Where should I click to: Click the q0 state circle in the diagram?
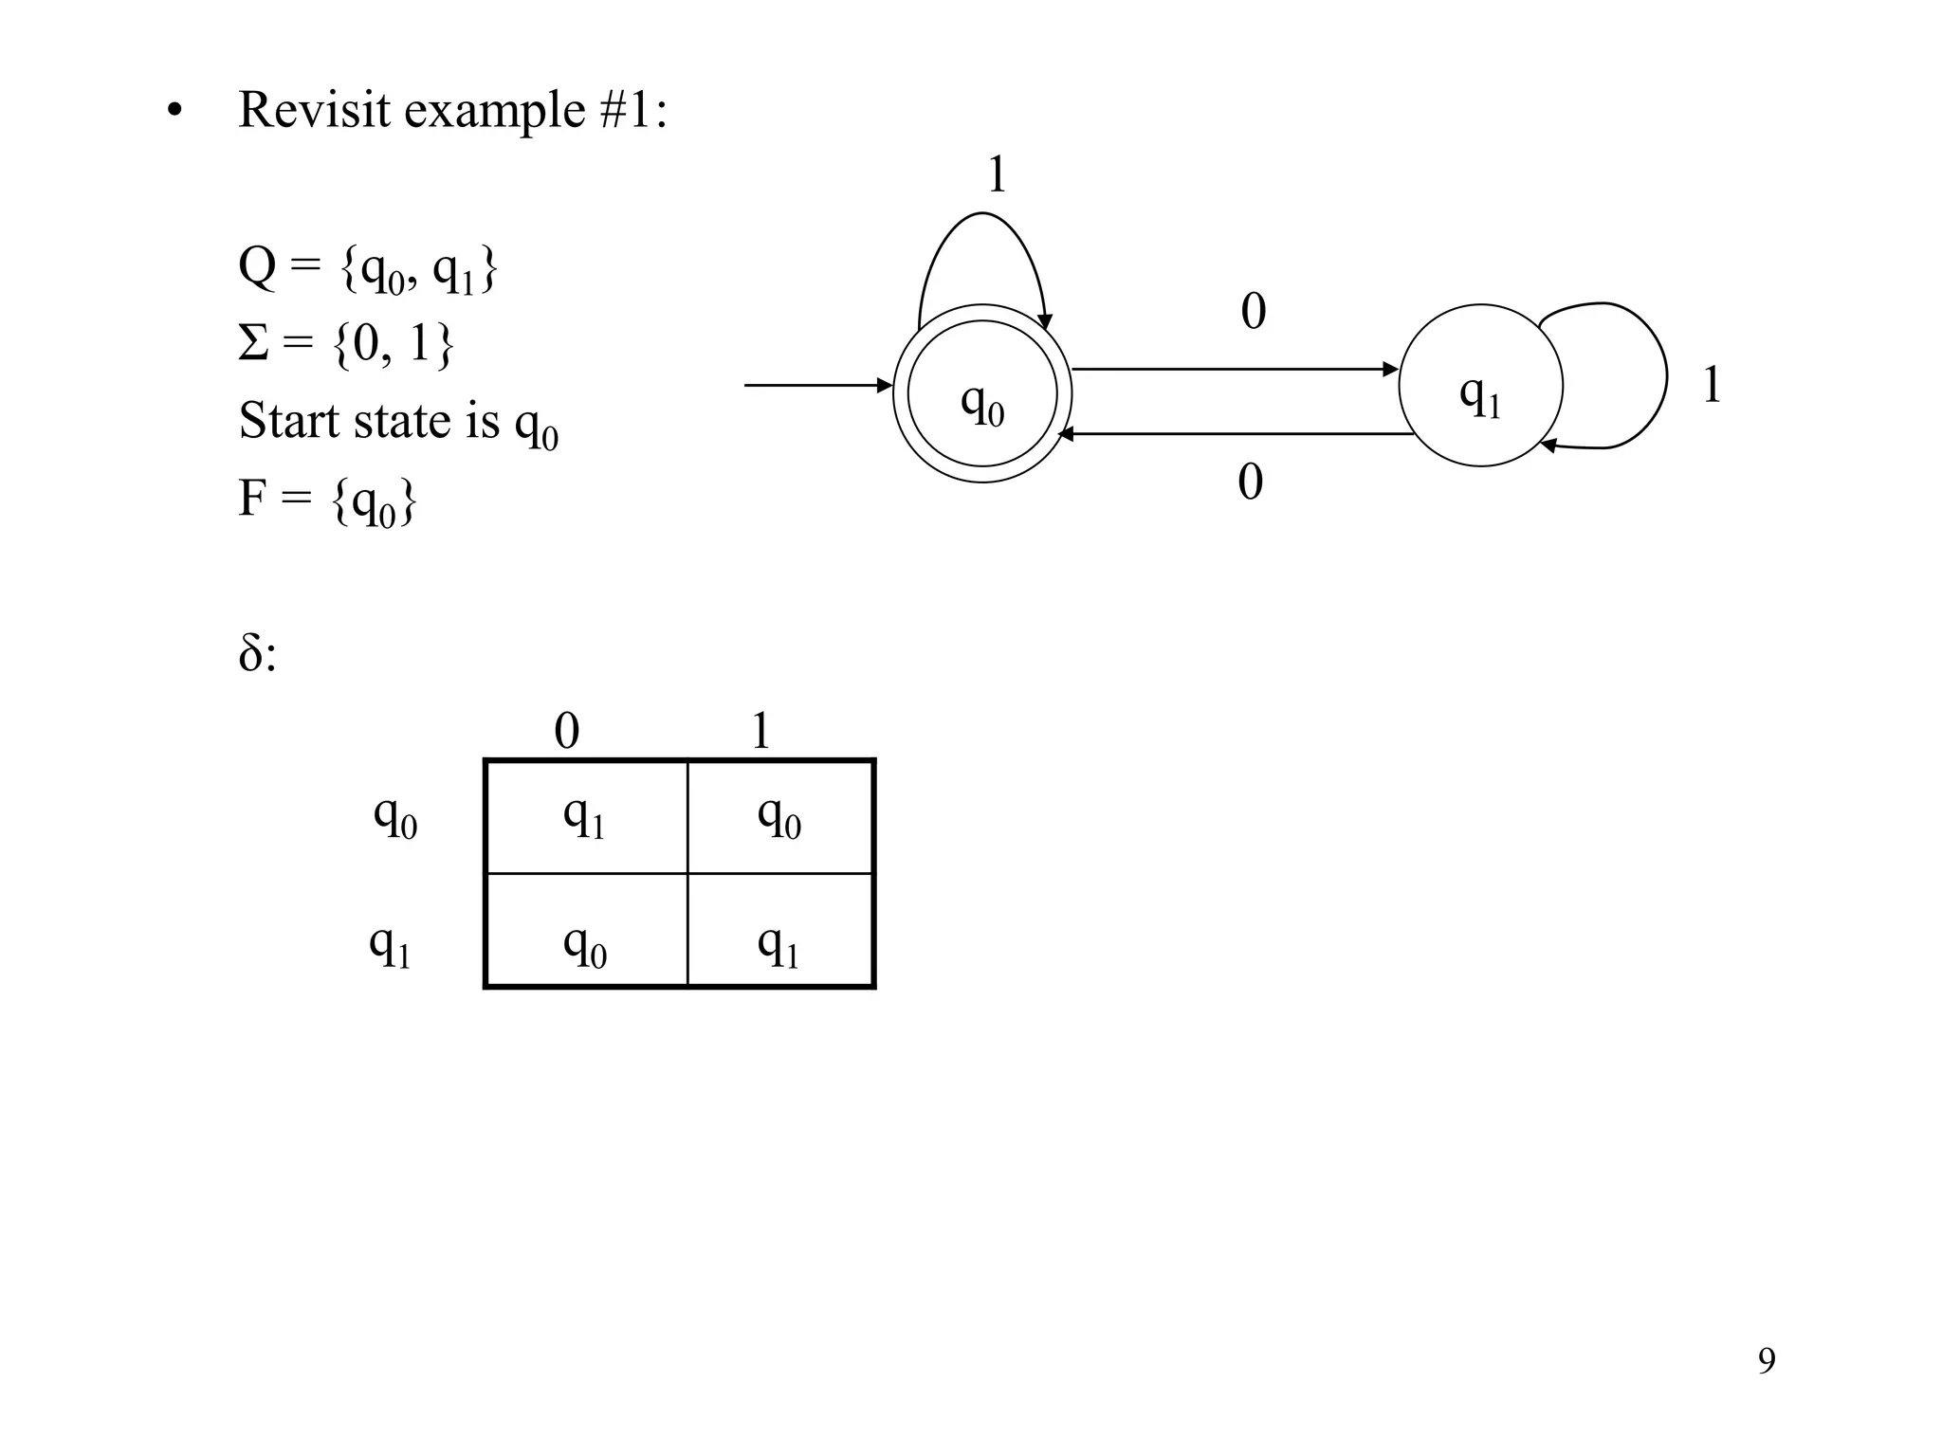coord(982,394)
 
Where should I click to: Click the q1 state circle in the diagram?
coord(1480,386)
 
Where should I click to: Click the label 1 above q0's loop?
coord(997,174)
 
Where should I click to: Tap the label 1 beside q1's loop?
coord(1711,386)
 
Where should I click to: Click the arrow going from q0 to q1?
coord(1233,370)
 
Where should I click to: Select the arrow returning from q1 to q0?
coord(1233,434)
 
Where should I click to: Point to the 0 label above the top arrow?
coord(1253,311)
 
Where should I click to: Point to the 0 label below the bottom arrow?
coord(1250,482)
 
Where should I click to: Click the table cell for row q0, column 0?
coord(585,817)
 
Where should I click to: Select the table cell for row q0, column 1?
coord(779,817)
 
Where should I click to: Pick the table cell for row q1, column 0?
coord(585,931)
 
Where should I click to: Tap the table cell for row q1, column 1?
coord(779,931)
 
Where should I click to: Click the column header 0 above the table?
coord(566,731)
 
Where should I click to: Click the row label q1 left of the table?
coord(390,945)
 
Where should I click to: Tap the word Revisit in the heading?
coord(315,110)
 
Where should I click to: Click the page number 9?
coord(1767,1360)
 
